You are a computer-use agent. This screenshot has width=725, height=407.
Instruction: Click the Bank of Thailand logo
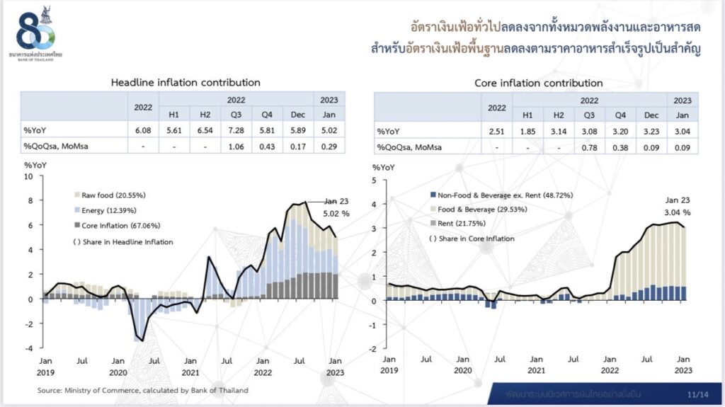pyautogui.click(x=36, y=33)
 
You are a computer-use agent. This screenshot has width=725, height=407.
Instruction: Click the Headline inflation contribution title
pyautogui.click(x=185, y=83)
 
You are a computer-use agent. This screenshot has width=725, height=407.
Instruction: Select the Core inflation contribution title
pyautogui.click(x=538, y=84)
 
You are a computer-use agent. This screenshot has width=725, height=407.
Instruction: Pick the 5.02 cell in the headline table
pyautogui.click(x=329, y=130)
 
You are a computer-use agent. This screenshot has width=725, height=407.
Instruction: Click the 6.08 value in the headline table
pyautogui.click(x=143, y=130)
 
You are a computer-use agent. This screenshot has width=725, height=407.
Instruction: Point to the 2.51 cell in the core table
pyautogui.click(x=497, y=130)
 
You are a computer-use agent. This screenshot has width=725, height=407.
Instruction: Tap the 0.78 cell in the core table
pyautogui.click(x=588, y=146)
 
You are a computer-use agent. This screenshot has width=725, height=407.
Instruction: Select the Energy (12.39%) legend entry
pyautogui.click(x=105, y=210)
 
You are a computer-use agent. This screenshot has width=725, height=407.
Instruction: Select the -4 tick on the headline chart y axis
pyautogui.click(x=28, y=348)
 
